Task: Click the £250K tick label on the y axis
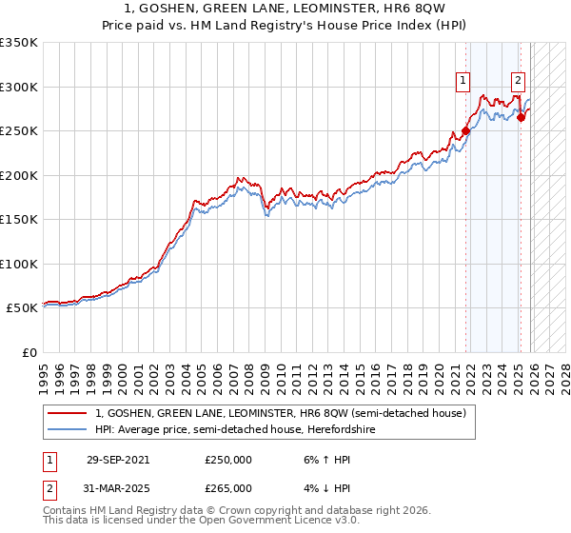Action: [18, 131]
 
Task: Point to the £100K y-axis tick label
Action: [18, 264]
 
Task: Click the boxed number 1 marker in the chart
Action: [463, 81]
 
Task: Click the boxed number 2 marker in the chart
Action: [519, 81]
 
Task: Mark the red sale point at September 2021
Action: [465, 131]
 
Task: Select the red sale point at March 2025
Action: [521, 118]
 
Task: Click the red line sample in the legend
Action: [68, 414]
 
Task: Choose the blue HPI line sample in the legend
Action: [68, 429]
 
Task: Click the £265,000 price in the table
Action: [228, 487]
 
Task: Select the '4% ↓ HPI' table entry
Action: [325, 487]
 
